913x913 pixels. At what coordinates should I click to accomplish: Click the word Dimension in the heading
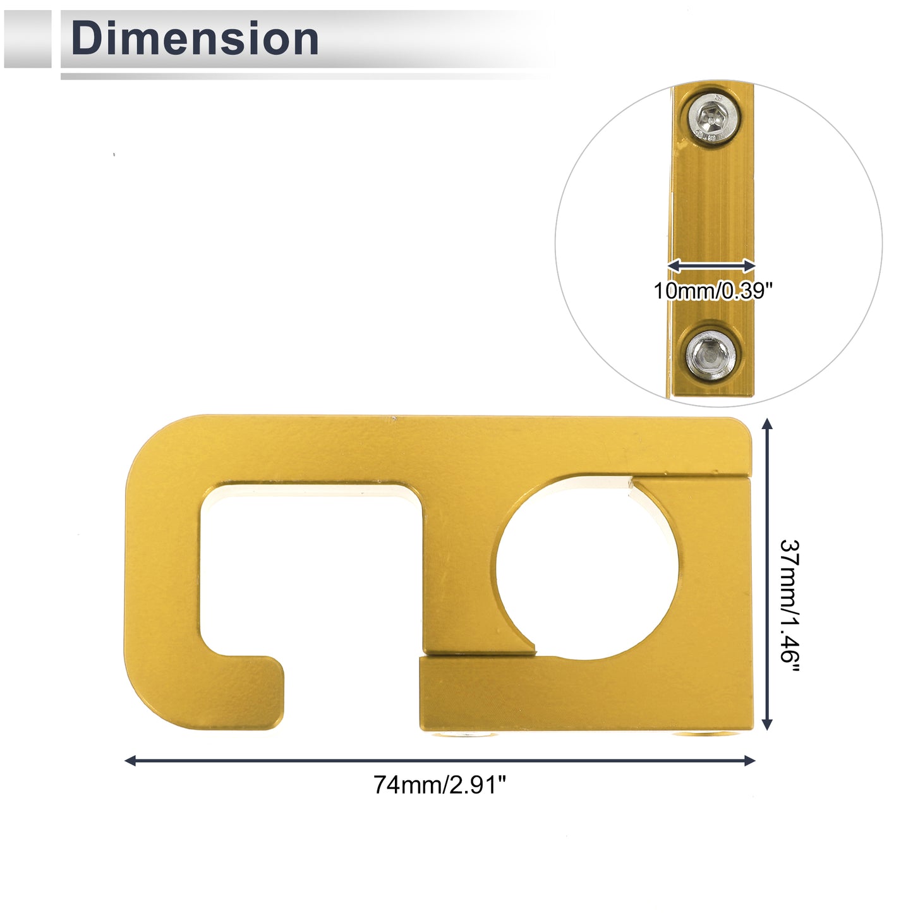point(194,39)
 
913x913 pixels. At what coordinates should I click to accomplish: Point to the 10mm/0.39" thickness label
point(713,291)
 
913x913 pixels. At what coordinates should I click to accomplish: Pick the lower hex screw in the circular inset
point(710,355)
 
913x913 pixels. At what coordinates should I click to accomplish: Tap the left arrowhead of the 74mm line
point(130,761)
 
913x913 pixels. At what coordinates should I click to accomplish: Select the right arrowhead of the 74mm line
point(749,761)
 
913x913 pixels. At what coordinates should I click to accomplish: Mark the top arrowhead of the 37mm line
point(768,423)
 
